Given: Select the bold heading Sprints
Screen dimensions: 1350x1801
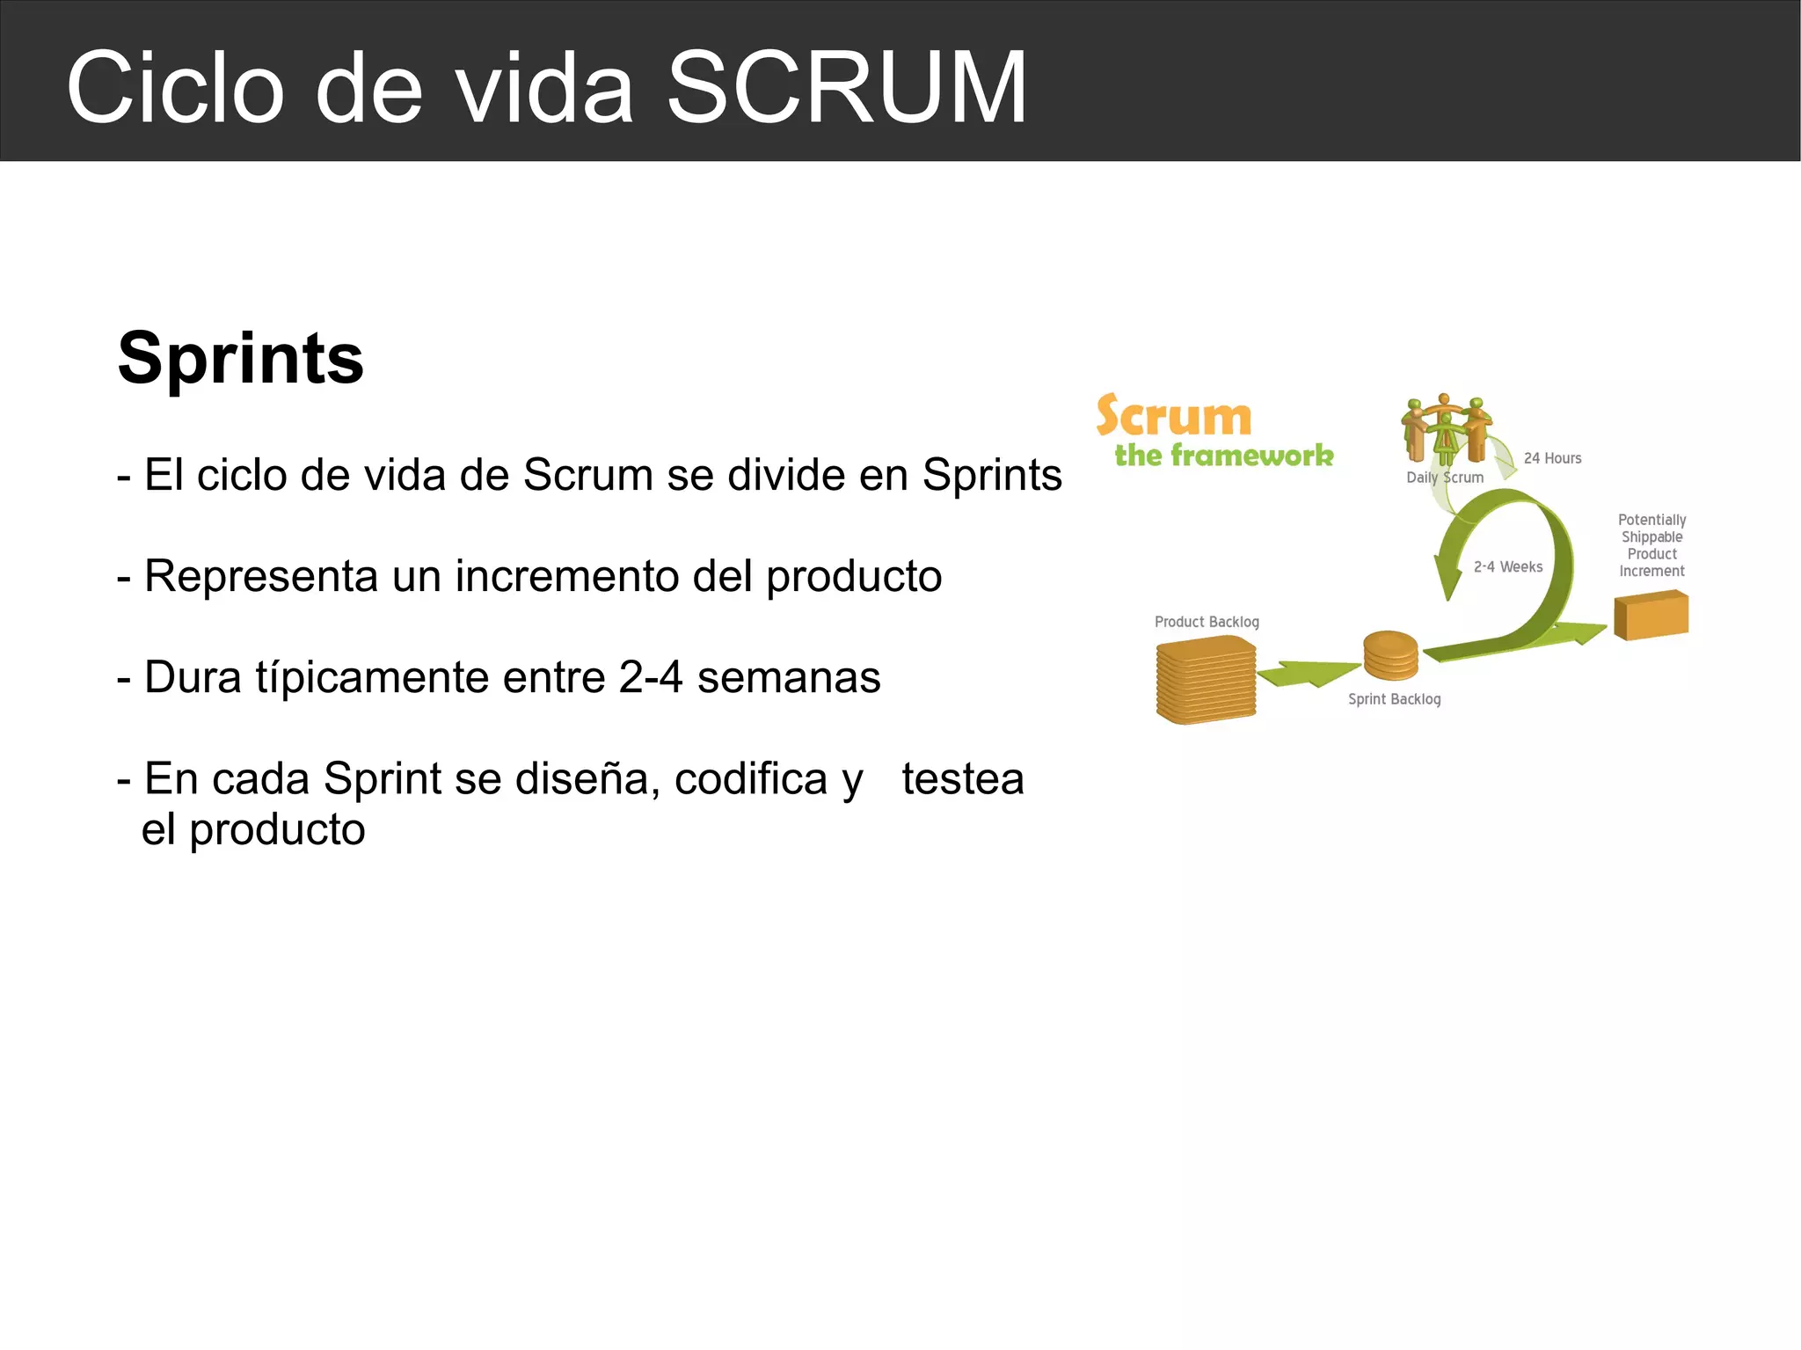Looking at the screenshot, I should click(240, 358).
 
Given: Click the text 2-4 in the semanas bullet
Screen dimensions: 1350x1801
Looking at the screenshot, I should click(651, 677).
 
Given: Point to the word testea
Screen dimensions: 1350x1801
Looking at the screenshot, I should click(963, 778).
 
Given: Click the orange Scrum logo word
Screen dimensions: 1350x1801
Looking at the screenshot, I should click(1174, 416).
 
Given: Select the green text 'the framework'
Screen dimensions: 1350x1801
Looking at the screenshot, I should click(1224, 456).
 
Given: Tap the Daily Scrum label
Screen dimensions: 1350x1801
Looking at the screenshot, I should click(1445, 478).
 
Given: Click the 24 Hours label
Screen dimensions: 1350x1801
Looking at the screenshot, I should click(1552, 458).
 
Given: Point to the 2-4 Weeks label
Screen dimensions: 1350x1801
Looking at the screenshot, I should click(1508, 567).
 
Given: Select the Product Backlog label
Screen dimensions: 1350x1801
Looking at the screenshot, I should click(1207, 622).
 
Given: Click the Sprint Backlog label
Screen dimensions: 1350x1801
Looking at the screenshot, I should click(1394, 699).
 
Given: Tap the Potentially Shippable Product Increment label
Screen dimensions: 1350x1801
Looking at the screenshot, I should click(1652, 545).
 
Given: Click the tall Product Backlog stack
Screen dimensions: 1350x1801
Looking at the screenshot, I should click(1206, 680).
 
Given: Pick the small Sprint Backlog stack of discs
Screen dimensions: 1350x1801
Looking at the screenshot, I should click(1390, 655).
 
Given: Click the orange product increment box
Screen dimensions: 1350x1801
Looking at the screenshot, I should click(1651, 615).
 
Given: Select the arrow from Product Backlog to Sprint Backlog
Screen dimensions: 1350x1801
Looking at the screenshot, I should click(1308, 674).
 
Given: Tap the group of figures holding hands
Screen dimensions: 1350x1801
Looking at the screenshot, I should click(1445, 427).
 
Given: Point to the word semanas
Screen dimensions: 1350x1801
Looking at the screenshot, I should click(789, 677).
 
